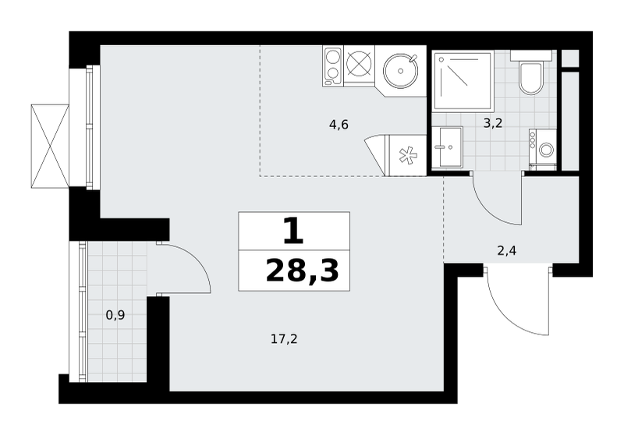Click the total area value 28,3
coord(302,271)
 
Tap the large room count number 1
coord(294,232)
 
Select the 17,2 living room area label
coord(284,340)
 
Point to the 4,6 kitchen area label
coord(339,126)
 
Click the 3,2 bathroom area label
coord(493,124)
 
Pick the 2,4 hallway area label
coord(507,251)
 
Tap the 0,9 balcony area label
coord(115,316)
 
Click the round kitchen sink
coord(401,71)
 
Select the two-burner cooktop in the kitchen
coord(333,66)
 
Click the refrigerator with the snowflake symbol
coord(406,155)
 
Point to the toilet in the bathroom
coord(531,78)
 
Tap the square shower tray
coord(463,80)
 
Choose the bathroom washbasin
coord(447,147)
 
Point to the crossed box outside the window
coord(50,146)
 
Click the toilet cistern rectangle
coord(531,55)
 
